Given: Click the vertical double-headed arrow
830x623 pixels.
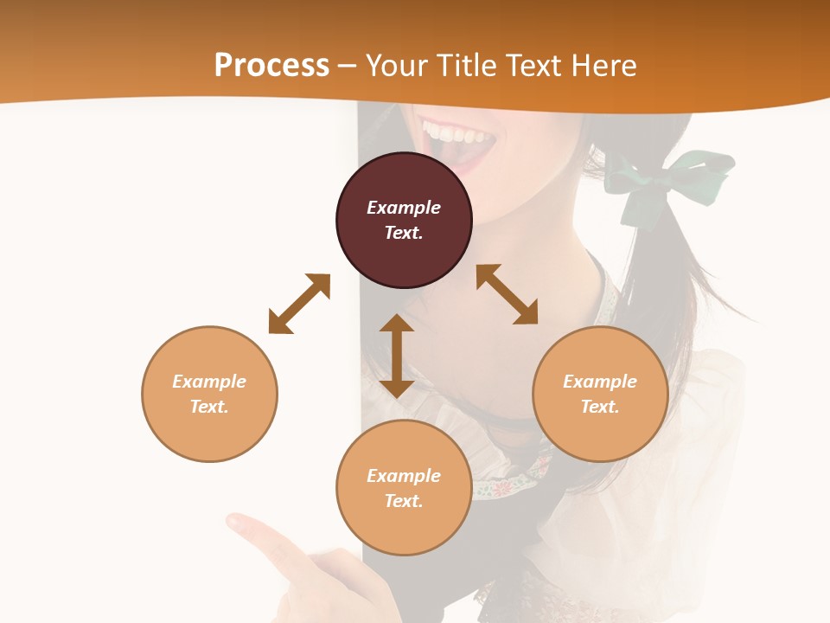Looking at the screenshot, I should [397, 356].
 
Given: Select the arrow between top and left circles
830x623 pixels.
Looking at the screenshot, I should [299, 304].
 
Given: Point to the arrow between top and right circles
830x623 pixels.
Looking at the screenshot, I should [507, 294].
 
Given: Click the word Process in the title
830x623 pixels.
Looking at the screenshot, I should [271, 65].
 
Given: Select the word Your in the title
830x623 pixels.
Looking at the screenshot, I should [397, 65].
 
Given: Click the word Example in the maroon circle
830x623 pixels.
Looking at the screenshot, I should [404, 208].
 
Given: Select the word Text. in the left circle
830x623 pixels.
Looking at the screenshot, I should [209, 407].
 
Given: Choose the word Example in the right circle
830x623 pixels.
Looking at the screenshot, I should [600, 382].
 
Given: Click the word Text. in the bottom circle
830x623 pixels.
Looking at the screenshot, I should [404, 501].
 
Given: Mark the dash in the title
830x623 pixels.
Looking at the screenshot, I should [348, 66].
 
